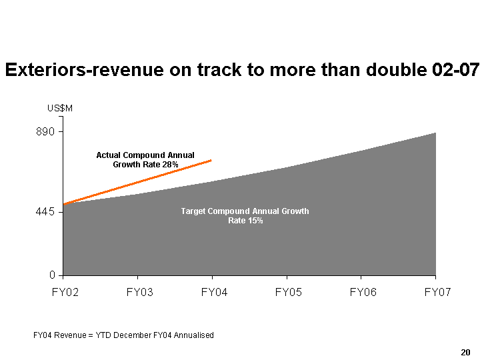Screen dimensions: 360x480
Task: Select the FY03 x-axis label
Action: tap(137, 293)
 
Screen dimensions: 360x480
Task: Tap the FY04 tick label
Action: tap(212, 293)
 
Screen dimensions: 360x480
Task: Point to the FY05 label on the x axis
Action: tap(287, 293)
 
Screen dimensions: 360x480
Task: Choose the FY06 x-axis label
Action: tap(361, 293)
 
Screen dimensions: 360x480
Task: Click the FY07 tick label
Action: tap(436, 293)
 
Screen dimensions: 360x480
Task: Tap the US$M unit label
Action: tap(59, 108)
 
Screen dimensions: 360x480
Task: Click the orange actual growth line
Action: tap(137, 182)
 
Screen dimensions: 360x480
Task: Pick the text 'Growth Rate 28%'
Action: tap(145, 164)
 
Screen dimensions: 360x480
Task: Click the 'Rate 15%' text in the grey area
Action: tap(245, 221)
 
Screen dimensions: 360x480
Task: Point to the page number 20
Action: tap(465, 351)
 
